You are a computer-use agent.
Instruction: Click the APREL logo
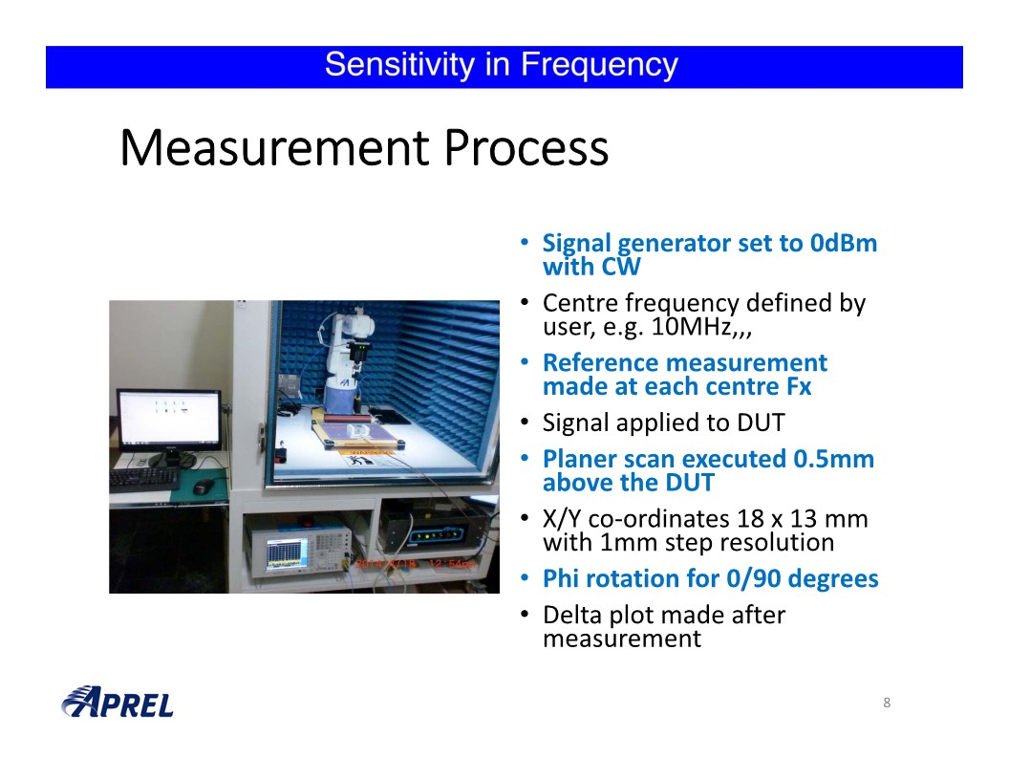tap(118, 702)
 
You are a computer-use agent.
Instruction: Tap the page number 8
tap(887, 703)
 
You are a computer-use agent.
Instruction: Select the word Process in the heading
tap(526, 148)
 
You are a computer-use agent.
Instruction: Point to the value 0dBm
tap(844, 243)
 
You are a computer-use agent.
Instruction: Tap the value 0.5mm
tap(833, 459)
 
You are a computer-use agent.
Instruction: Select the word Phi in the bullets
tap(561, 578)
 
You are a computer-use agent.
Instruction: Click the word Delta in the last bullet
tap(572, 615)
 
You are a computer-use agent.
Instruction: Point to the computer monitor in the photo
tap(169, 421)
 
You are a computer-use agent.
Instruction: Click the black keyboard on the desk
tap(144, 478)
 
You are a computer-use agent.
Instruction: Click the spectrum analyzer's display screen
tap(287, 553)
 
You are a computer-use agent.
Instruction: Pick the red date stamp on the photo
tap(416, 564)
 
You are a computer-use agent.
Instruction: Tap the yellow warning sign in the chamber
tap(366, 458)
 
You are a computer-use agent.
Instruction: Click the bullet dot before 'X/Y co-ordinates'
tap(526, 518)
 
